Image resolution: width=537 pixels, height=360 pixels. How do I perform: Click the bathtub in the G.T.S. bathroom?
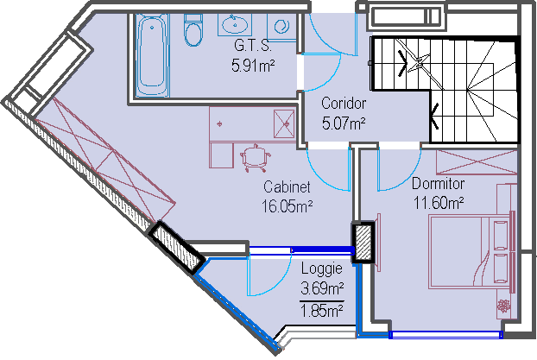coord(152,55)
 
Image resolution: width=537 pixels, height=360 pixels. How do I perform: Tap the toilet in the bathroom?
coord(193,30)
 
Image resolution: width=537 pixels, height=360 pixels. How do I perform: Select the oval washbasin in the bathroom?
coord(235,24)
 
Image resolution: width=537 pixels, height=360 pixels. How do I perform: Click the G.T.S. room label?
coord(253,46)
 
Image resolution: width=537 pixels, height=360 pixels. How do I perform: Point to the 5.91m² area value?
coord(253,66)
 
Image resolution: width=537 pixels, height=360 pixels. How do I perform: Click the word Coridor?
coord(344,103)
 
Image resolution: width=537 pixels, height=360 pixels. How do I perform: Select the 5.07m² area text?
coord(344,123)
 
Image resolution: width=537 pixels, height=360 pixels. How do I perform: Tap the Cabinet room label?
coord(287,187)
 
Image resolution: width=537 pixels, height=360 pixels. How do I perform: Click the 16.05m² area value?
coord(287,206)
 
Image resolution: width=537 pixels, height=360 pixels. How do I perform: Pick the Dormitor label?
coord(438,184)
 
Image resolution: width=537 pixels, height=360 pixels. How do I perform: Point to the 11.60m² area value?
coord(439,203)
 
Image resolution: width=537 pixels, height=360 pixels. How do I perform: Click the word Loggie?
coord(321,268)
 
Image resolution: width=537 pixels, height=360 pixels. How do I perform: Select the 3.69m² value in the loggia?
coord(322,288)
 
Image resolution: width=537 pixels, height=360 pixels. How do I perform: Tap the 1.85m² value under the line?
coord(322,311)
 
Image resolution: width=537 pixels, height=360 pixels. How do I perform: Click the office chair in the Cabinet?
coord(256,158)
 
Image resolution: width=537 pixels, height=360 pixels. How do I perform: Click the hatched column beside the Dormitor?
coord(363,243)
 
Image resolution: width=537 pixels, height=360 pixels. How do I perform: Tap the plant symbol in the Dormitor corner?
coord(504,306)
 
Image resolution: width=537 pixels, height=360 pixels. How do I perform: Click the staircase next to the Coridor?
coord(445,90)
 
